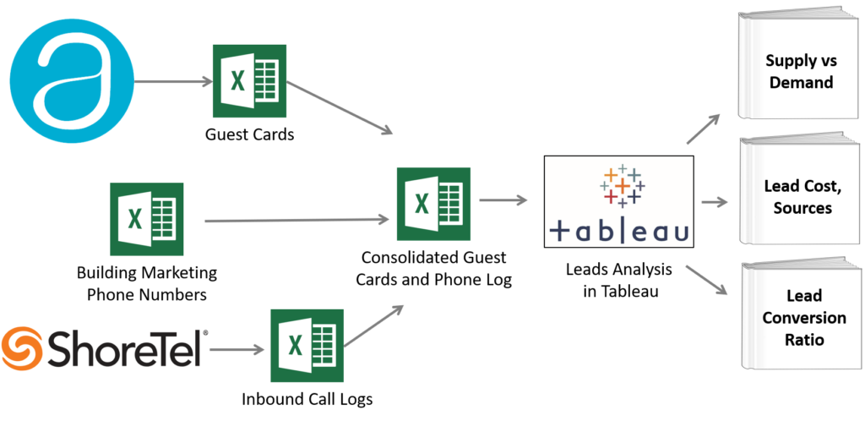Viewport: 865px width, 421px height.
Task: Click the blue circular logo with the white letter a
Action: (x=72, y=81)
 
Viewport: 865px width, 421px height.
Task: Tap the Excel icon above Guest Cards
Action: (x=249, y=81)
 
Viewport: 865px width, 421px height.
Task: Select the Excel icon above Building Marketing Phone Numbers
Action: (x=146, y=219)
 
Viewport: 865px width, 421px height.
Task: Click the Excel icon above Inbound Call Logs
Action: (x=307, y=346)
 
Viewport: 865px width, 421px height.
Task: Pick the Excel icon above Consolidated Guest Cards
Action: (x=433, y=204)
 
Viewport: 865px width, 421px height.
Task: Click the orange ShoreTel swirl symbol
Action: (x=21, y=347)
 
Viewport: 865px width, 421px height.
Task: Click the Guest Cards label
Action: (x=249, y=134)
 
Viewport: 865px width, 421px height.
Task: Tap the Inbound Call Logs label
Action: (x=307, y=399)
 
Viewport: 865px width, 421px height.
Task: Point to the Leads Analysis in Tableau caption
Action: (x=619, y=281)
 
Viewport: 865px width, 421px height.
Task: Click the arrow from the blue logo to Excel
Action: (x=173, y=82)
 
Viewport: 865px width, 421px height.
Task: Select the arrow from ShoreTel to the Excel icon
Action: (x=237, y=349)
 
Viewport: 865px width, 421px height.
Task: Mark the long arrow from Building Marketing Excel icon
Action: (x=296, y=221)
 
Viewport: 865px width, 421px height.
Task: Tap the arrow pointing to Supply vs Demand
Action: (x=704, y=129)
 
